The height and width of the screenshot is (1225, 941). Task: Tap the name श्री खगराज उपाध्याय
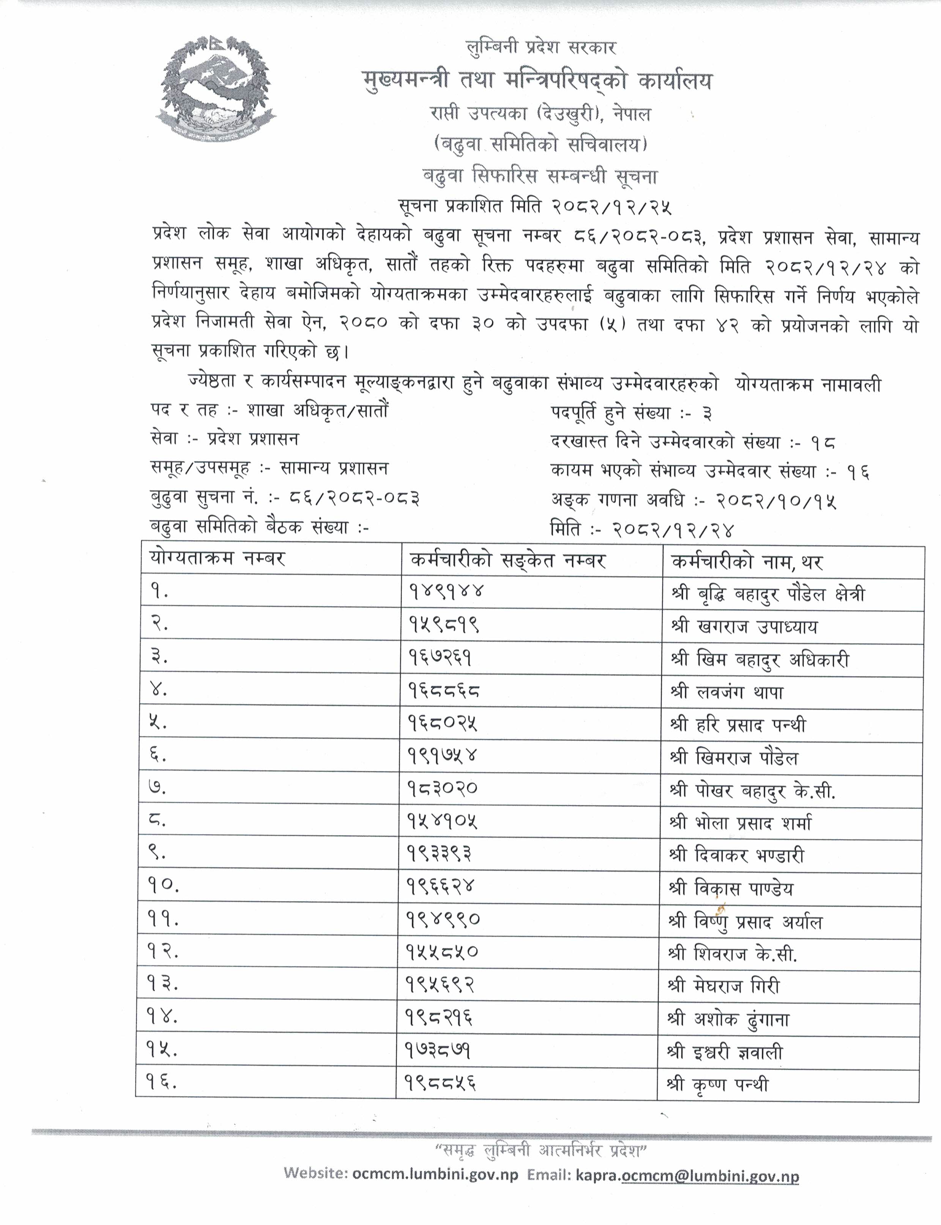[x=744, y=626]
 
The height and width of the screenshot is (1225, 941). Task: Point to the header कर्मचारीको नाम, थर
[x=747, y=561]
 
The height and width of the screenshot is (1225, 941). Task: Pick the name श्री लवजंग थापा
[x=727, y=693]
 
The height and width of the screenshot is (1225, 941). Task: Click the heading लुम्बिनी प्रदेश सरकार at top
[x=541, y=47]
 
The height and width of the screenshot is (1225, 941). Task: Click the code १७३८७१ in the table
[x=438, y=1052]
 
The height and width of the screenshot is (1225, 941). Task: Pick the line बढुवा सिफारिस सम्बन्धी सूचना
[x=540, y=177]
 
